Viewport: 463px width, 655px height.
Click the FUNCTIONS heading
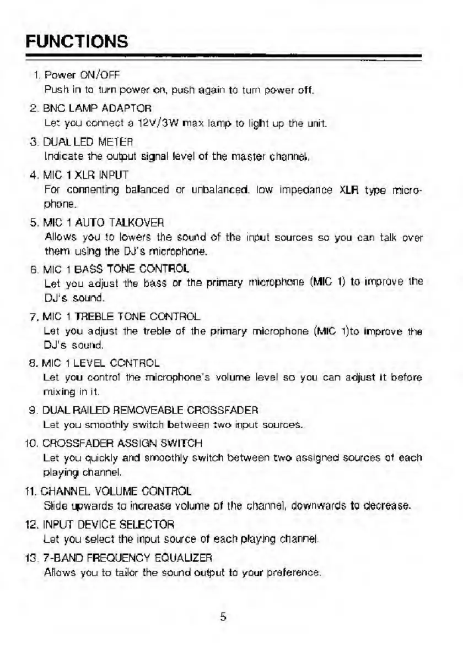click(77, 41)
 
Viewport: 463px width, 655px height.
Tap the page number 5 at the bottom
click(223, 616)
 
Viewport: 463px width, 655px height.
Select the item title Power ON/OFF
click(82, 74)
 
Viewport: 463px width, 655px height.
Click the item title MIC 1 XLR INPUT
click(86, 176)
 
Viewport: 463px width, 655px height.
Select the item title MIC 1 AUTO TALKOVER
click(104, 222)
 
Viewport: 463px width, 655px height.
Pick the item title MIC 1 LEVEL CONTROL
click(102, 363)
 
